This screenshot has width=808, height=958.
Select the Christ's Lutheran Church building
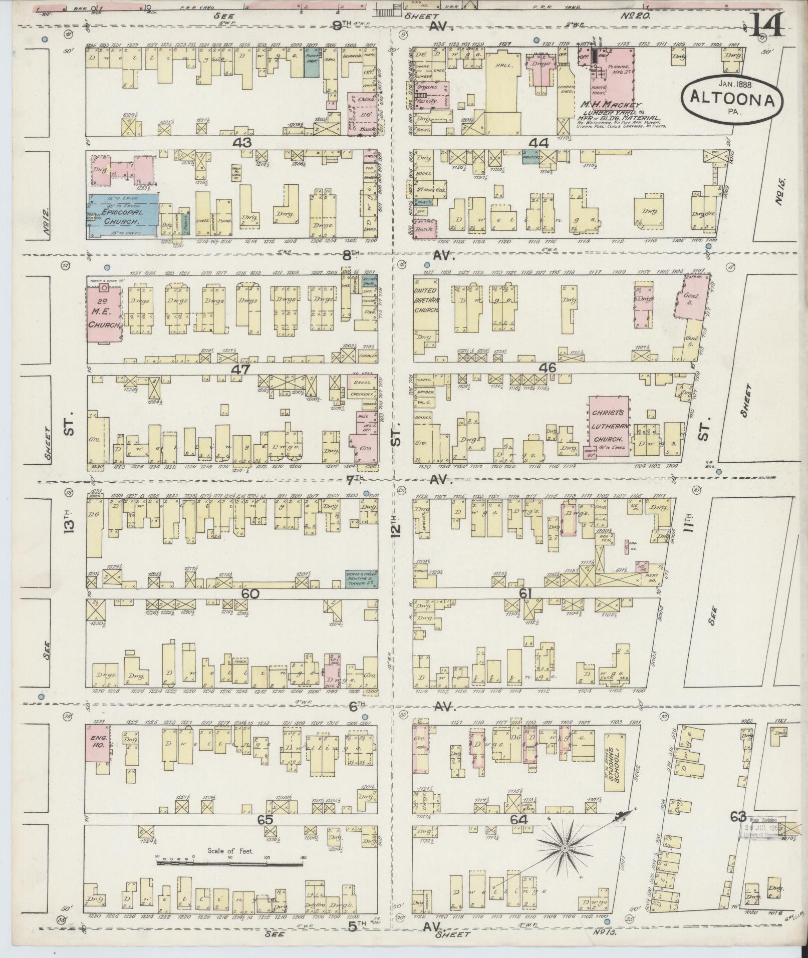coord(609,425)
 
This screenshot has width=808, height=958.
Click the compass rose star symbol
coord(565,848)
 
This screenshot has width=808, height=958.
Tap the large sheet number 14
coord(766,24)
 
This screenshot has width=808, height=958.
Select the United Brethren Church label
coord(426,300)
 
